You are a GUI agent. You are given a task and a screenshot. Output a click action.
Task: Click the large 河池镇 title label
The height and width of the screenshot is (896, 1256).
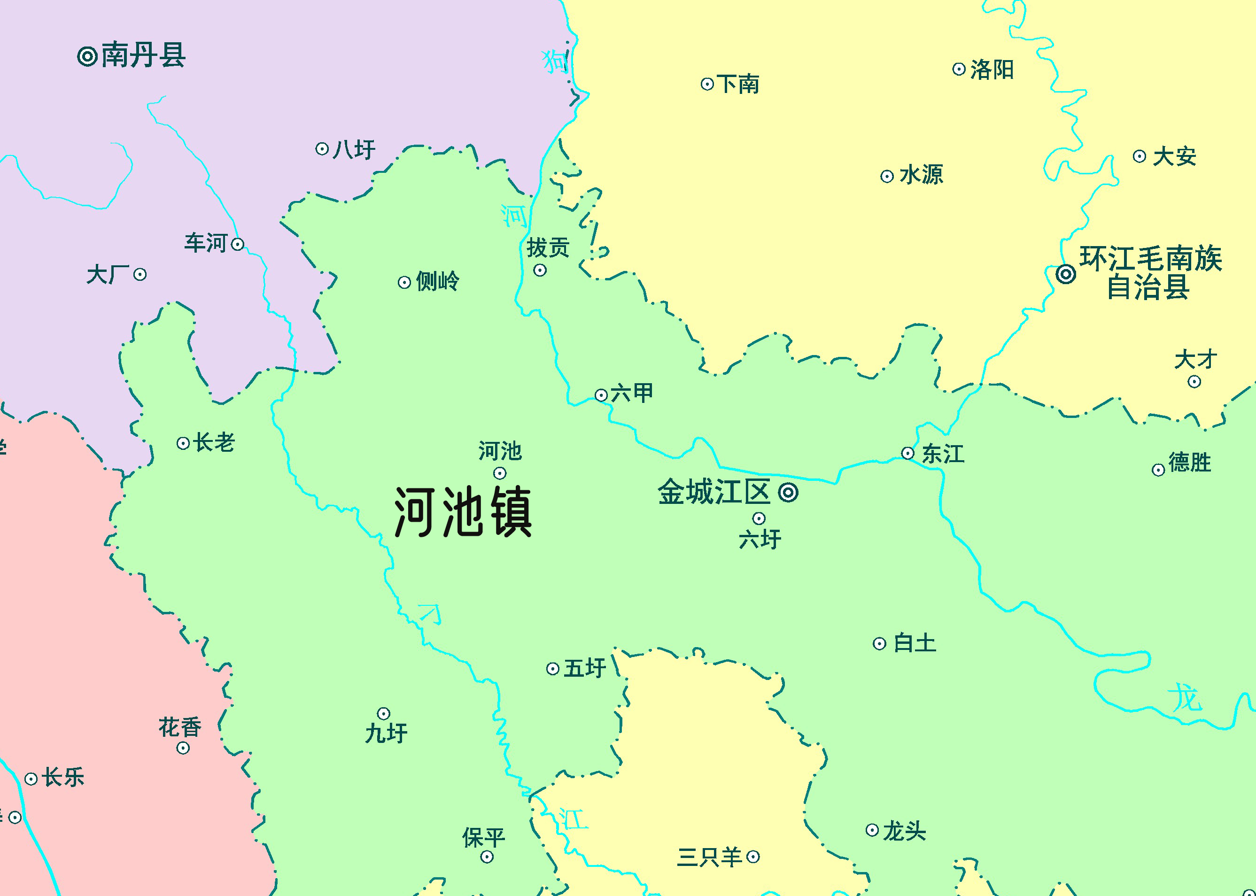click(x=463, y=512)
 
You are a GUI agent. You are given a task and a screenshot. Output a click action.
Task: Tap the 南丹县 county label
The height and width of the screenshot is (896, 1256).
click(x=143, y=55)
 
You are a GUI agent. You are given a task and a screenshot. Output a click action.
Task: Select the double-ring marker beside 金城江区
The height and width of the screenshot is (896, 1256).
click(x=788, y=492)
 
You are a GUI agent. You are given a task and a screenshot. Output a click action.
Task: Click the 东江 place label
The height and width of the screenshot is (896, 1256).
click(x=943, y=454)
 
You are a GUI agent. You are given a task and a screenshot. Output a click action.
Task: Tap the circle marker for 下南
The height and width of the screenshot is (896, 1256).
click(x=707, y=85)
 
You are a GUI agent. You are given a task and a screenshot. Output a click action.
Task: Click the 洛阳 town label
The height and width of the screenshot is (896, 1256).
click(x=992, y=70)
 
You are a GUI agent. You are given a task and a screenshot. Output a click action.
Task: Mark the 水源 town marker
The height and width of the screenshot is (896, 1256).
click(x=887, y=177)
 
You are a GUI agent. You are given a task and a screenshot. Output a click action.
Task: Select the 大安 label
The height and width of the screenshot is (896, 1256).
click(x=1174, y=157)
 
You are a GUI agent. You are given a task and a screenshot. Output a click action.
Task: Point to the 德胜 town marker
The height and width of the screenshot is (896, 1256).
click(x=1158, y=470)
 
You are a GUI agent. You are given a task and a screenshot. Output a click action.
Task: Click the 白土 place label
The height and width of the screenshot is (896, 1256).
click(x=915, y=643)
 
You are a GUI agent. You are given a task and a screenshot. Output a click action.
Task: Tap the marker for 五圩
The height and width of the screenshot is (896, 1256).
click(x=552, y=669)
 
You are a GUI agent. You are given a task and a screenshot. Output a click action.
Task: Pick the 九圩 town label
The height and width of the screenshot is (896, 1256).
click(x=386, y=733)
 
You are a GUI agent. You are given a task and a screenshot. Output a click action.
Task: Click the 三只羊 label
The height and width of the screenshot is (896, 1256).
click(x=709, y=857)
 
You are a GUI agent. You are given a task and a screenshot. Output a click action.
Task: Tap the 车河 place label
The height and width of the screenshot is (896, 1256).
click(x=206, y=243)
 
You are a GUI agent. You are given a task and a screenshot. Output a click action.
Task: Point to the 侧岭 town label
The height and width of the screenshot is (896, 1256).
click(x=437, y=281)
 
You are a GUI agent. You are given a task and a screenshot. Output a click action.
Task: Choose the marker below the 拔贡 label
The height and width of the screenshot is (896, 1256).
click(x=540, y=270)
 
